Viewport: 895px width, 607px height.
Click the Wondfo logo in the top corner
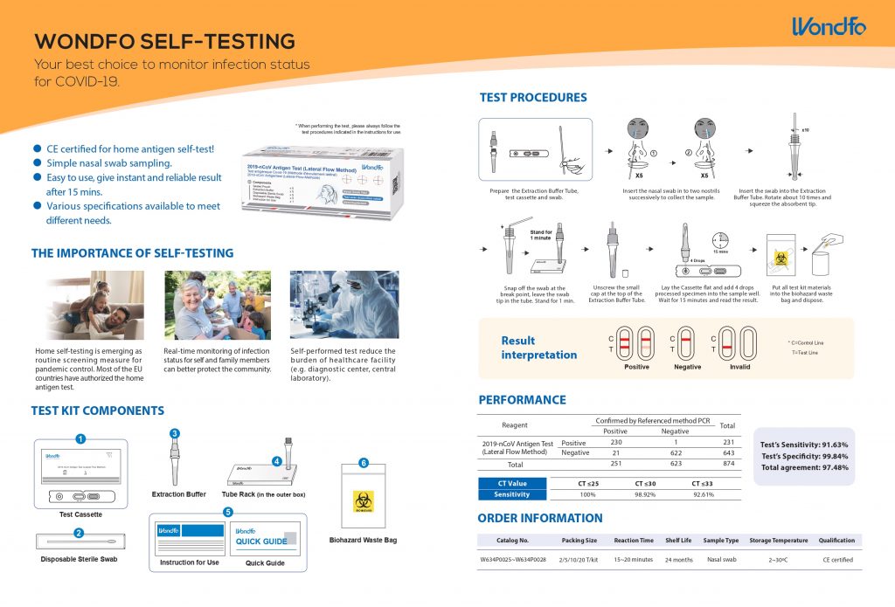(x=828, y=27)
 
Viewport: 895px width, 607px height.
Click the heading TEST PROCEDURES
(x=532, y=98)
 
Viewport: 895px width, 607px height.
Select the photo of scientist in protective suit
(x=343, y=305)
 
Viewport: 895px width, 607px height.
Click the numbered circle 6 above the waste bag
(x=364, y=462)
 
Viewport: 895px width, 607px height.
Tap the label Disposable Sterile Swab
(x=80, y=558)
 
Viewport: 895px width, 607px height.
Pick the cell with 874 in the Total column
(x=727, y=465)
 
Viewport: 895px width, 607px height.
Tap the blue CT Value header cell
(x=512, y=483)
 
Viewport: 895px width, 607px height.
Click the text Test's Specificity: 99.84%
(x=804, y=456)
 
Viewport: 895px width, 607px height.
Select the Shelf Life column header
(x=678, y=540)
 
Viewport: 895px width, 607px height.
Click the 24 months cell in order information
(x=678, y=559)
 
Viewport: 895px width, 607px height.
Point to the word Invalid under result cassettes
(x=739, y=367)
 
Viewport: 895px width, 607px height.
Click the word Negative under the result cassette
(x=687, y=367)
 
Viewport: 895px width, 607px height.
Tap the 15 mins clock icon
(x=720, y=239)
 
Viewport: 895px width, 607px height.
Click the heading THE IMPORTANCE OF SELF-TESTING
(x=132, y=253)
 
